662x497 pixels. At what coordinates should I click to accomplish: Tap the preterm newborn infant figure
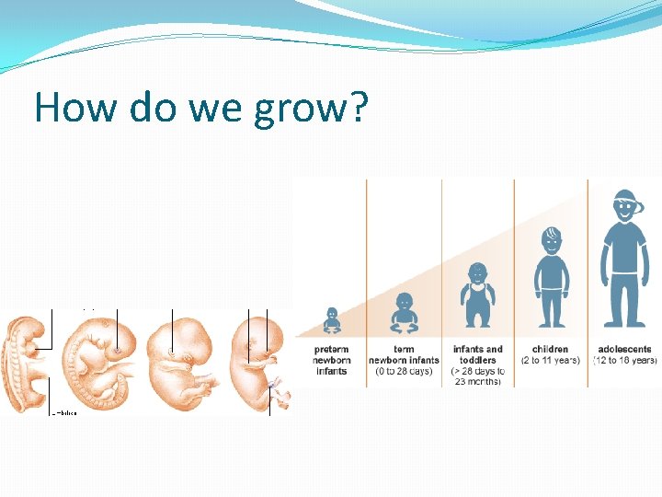pos(332,320)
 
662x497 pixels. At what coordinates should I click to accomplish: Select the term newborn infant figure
pos(404,313)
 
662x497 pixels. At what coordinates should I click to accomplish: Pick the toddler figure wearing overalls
pos(477,296)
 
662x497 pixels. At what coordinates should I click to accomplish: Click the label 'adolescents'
pos(624,350)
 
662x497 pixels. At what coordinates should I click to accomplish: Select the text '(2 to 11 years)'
pos(551,360)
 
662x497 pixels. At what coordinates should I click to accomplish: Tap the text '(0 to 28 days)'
pos(404,371)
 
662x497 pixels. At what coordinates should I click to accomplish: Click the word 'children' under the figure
pos(551,350)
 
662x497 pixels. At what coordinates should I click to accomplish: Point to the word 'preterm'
pos(331,350)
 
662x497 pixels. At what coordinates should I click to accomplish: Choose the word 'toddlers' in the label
pos(477,360)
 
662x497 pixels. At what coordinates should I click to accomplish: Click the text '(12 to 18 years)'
pos(625,360)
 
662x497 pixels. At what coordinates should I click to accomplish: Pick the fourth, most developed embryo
pos(258,359)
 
